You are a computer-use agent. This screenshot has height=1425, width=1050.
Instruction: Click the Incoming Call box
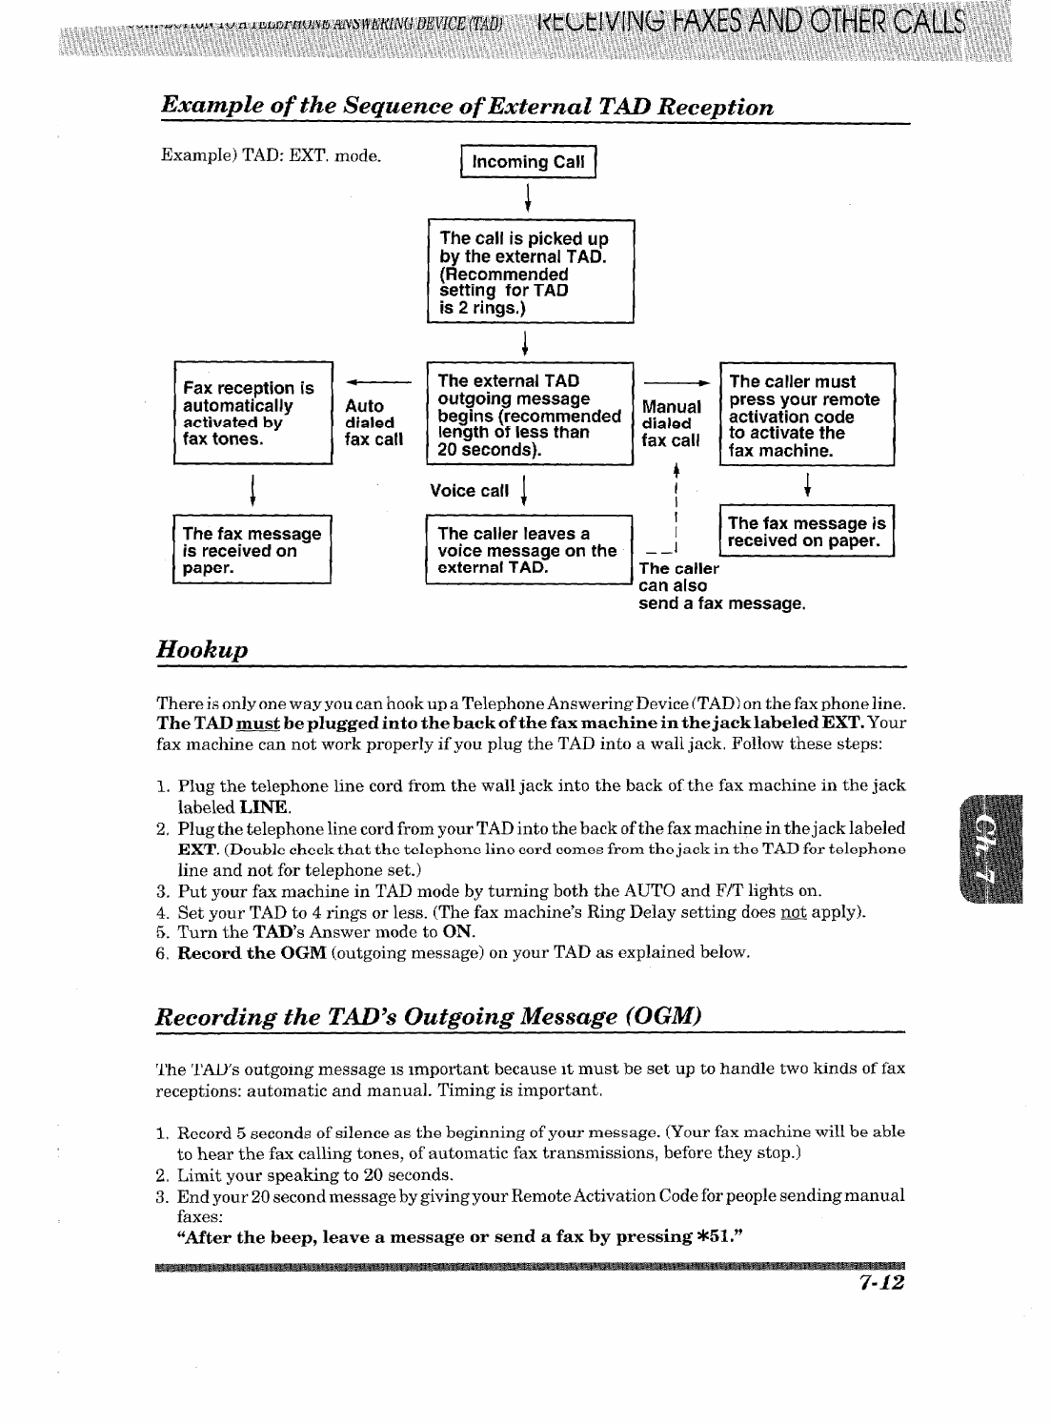tap(528, 161)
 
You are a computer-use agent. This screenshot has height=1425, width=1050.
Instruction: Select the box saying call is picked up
tap(530, 273)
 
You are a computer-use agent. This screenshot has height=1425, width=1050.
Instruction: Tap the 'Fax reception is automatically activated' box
tap(252, 413)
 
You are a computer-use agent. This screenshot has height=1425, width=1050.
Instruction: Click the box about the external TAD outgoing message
tap(530, 415)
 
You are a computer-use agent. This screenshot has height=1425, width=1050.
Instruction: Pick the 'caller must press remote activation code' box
tap(807, 415)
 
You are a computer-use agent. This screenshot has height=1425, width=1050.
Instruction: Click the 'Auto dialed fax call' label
tap(374, 422)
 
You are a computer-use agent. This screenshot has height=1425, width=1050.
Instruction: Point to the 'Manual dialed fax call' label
tap(672, 424)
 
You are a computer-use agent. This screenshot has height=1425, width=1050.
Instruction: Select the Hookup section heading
tap(202, 650)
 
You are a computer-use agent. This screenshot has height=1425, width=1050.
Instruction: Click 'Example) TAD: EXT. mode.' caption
tap(271, 154)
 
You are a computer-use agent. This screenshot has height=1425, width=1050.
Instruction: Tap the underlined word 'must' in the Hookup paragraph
tap(255, 723)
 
